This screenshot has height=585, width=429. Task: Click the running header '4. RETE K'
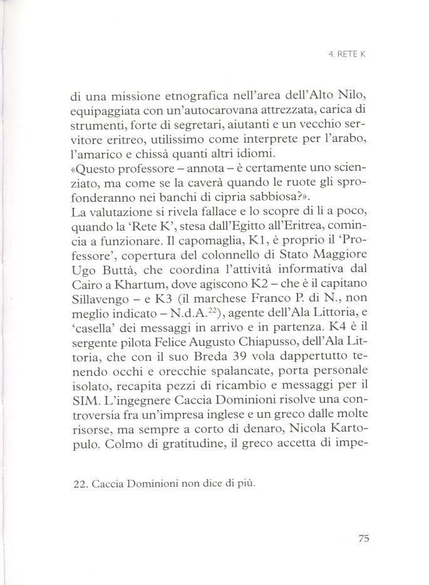(346, 54)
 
